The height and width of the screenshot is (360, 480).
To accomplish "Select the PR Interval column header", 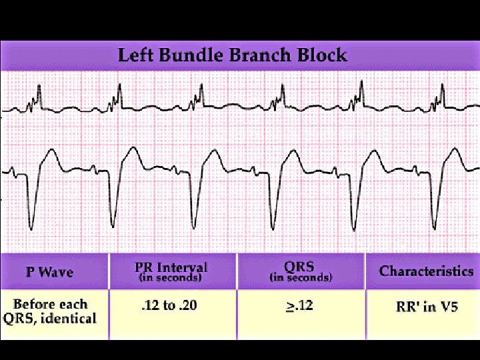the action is tap(171, 268).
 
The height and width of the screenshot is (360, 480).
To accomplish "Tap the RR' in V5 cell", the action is tap(425, 307).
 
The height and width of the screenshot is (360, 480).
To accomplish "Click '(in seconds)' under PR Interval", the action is tap(171, 277).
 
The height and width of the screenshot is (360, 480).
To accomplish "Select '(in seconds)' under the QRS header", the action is tap(301, 277).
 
